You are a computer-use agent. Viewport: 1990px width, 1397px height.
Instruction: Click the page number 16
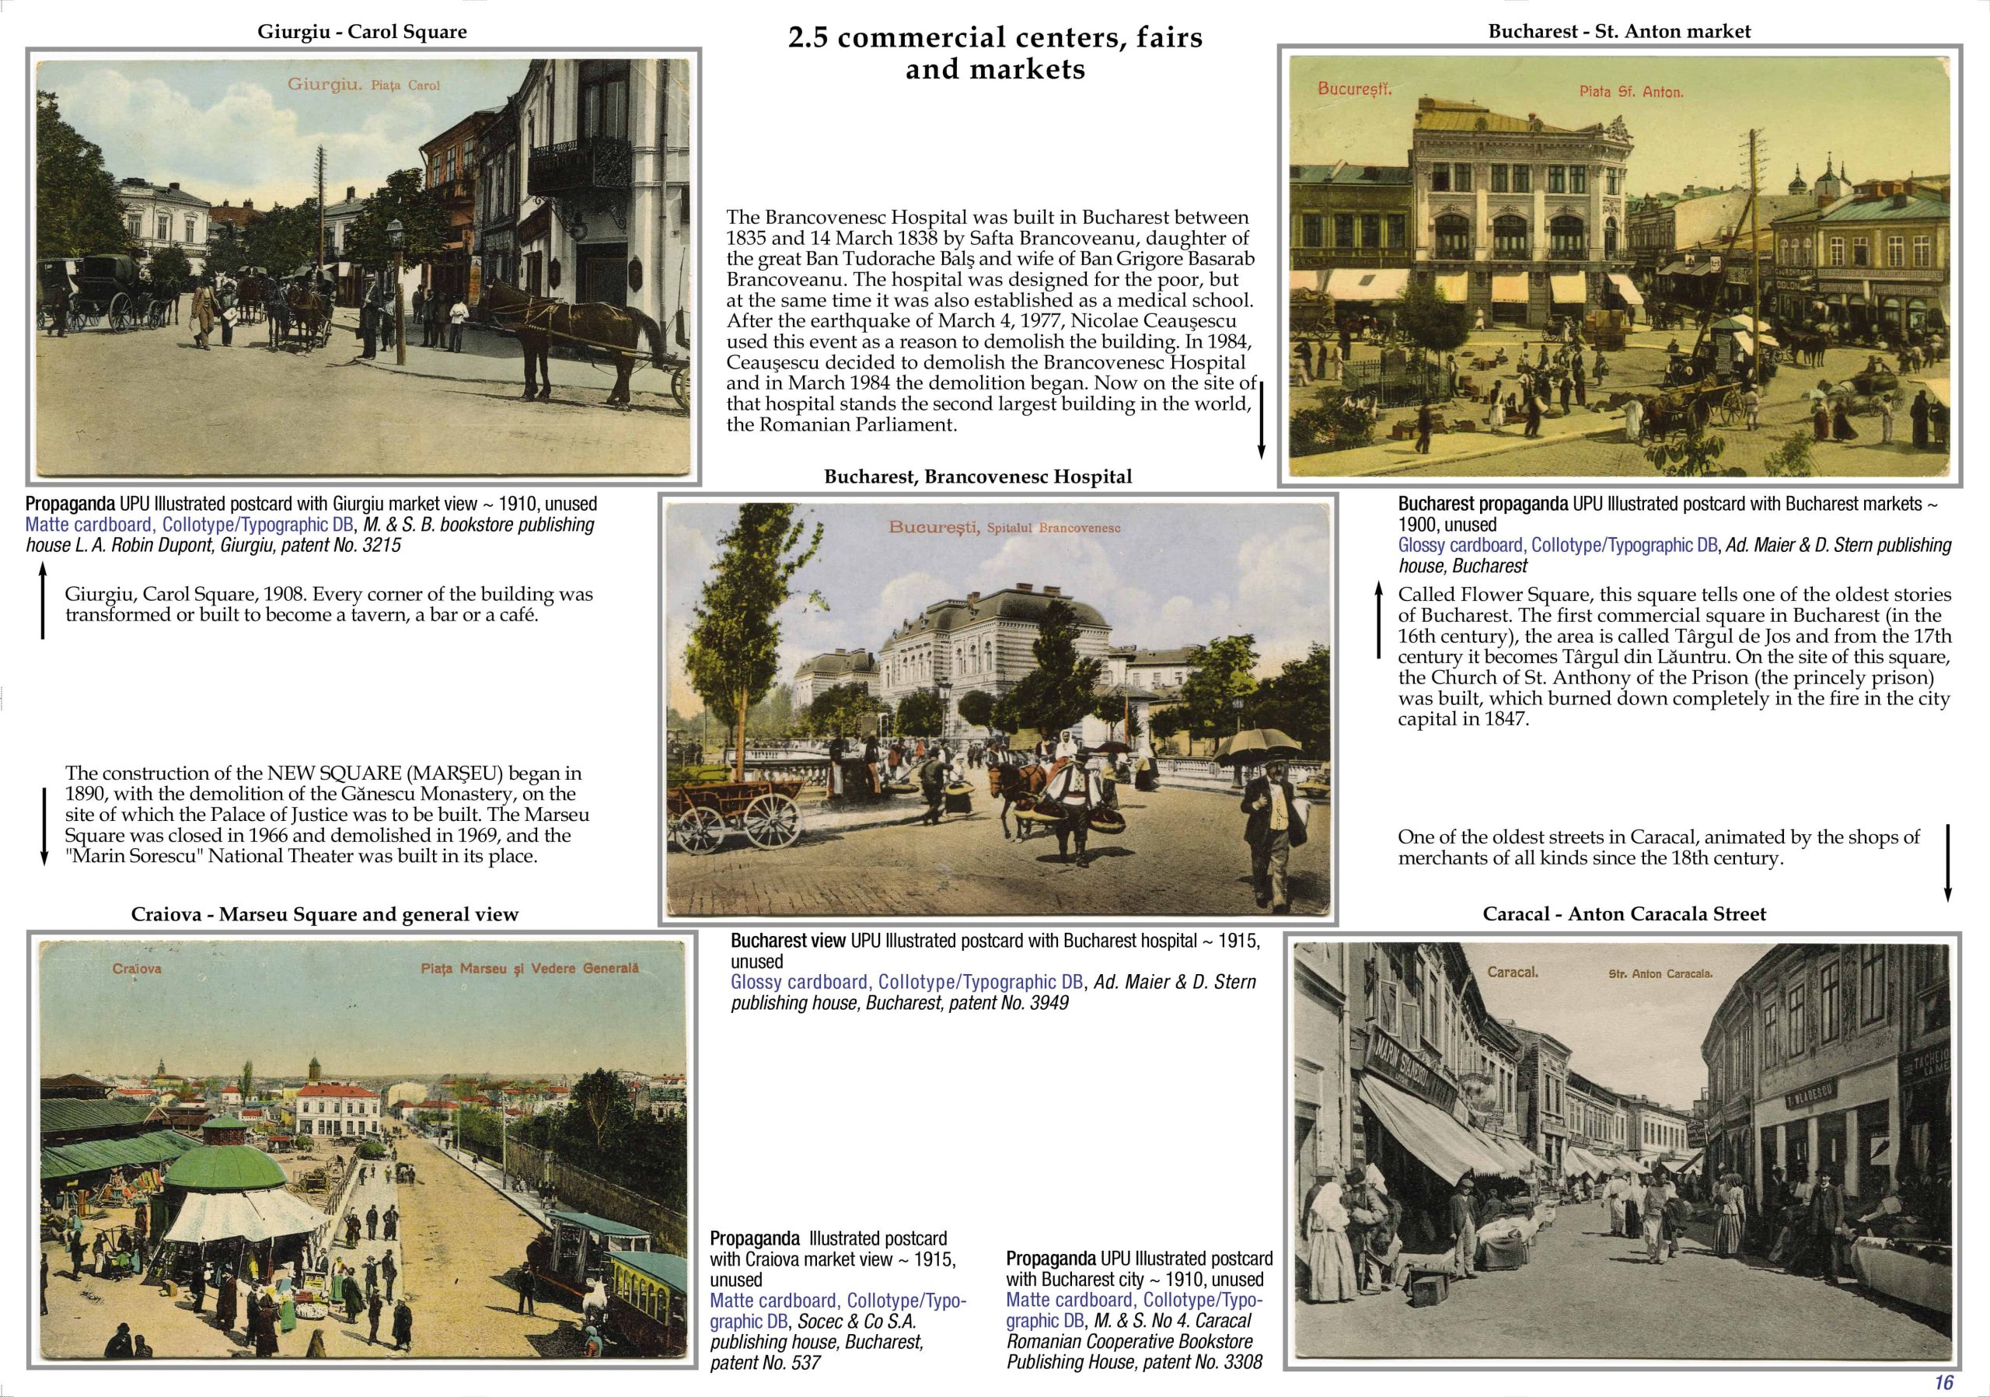tap(1944, 1382)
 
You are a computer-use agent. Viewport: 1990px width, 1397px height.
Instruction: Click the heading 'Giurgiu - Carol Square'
tap(361, 32)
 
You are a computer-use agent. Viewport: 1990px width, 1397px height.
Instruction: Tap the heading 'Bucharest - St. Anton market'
tap(1619, 31)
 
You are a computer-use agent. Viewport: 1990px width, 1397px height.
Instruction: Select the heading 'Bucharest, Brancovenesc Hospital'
tap(978, 477)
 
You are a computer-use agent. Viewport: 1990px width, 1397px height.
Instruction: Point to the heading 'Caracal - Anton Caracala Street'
tap(1624, 913)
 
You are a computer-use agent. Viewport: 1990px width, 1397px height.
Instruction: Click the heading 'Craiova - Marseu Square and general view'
tap(325, 914)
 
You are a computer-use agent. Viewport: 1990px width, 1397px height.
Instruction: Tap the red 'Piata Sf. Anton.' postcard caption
tap(1630, 91)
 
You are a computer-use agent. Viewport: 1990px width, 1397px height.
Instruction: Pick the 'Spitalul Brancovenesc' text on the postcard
tap(1053, 528)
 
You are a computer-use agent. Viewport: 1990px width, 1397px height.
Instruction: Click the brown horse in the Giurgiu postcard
tap(564, 330)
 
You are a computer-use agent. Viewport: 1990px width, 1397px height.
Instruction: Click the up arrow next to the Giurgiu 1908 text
tap(43, 602)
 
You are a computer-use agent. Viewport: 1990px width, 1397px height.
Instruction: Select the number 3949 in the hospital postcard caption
tap(1049, 1003)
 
